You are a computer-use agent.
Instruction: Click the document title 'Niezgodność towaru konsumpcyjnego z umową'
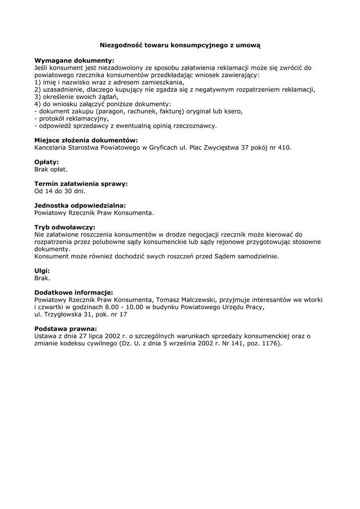pyautogui.click(x=180, y=45)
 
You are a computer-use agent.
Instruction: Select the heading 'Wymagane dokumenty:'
pyautogui.click(x=74, y=60)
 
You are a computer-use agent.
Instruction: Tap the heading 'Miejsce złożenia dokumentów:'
pyautogui.click(x=86, y=140)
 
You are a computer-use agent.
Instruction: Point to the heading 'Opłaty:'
pyautogui.click(x=46, y=162)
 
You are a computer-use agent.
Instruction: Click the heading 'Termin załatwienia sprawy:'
pyautogui.click(x=81, y=183)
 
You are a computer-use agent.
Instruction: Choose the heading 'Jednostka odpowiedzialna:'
pyautogui.click(x=80, y=205)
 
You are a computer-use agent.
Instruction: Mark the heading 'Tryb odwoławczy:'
pyautogui.click(x=65, y=227)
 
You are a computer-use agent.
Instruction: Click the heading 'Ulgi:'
pyautogui.click(x=42, y=271)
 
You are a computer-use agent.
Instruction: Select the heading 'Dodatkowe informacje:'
pyautogui.click(x=73, y=293)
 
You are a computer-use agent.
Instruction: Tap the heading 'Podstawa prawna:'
pyautogui.click(x=65, y=329)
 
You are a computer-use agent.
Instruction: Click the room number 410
pyautogui.click(x=283, y=148)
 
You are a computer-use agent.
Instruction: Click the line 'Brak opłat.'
pyautogui.click(x=51, y=170)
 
